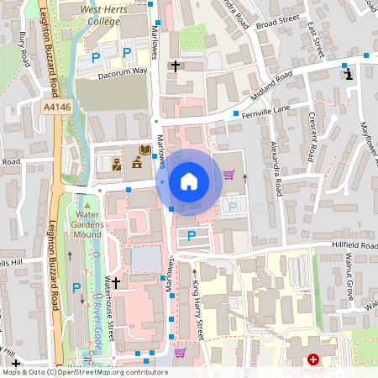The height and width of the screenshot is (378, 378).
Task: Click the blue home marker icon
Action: [x=188, y=181]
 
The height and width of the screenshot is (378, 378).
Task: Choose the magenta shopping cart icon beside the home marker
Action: [x=228, y=175]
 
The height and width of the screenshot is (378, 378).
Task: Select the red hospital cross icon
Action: [x=312, y=359]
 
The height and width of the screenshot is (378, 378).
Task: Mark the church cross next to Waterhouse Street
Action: [x=116, y=283]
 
